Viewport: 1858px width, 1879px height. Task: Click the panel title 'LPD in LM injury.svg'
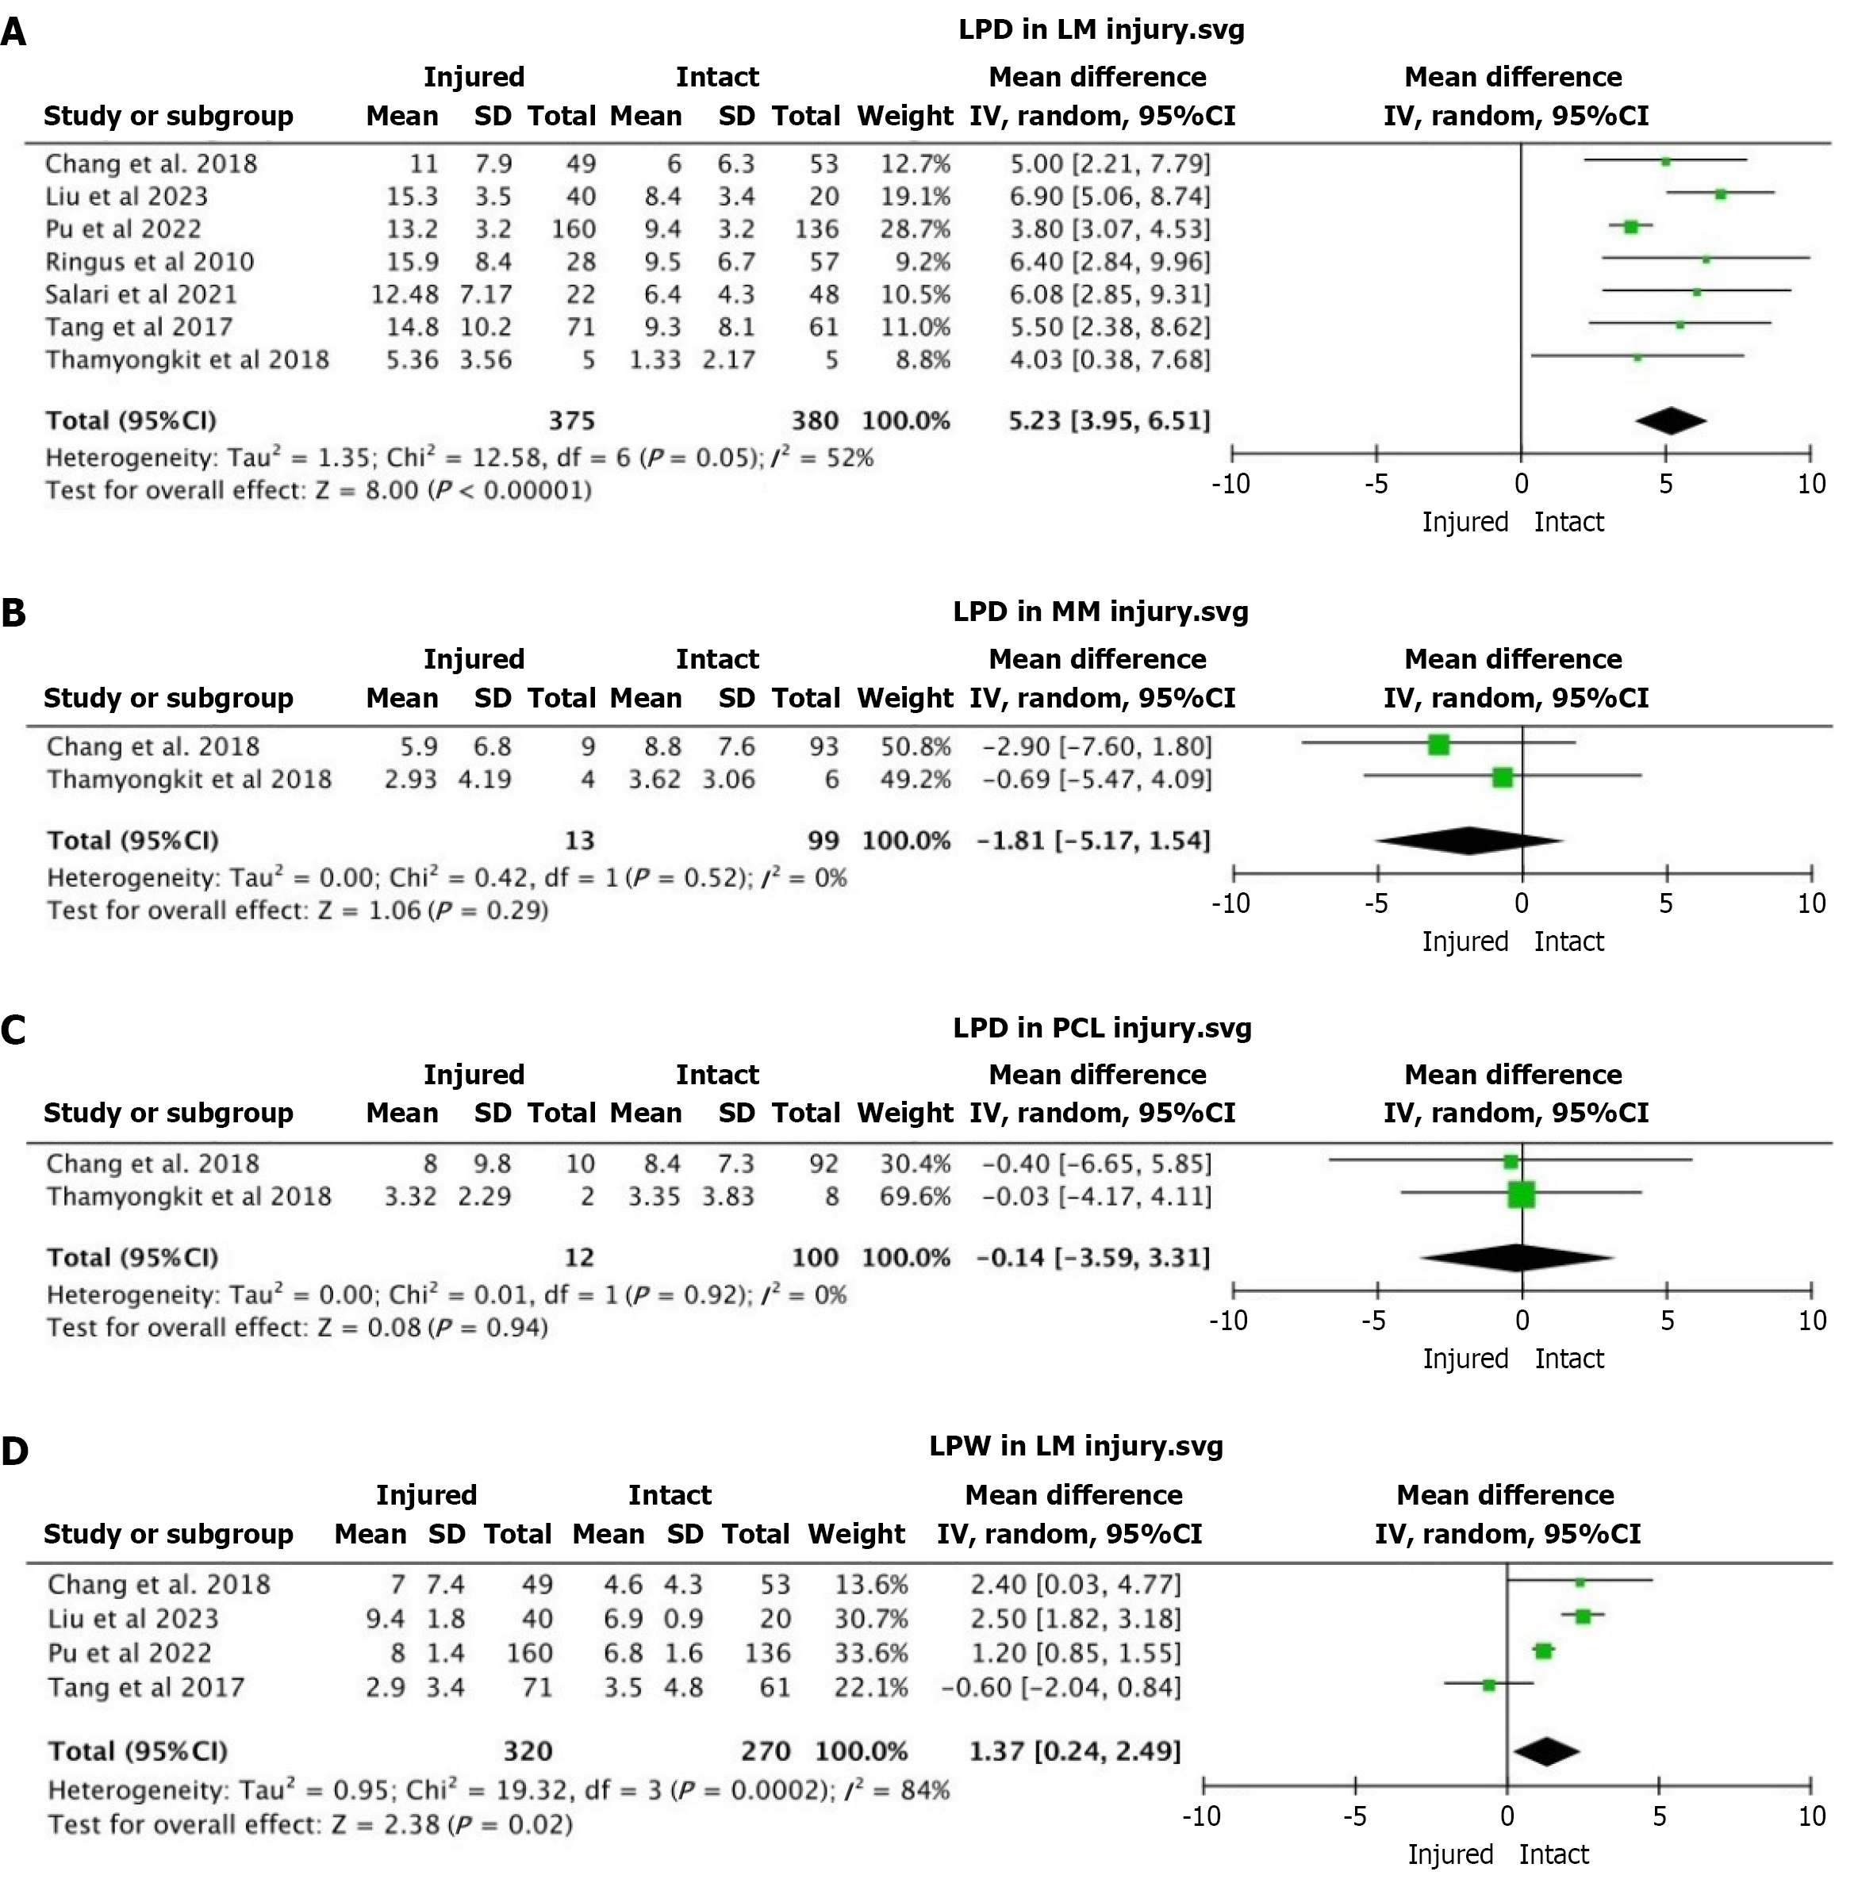click(x=1100, y=30)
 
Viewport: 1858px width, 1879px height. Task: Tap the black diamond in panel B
click(x=1469, y=840)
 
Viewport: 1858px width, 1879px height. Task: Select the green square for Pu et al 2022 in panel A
click(x=1631, y=228)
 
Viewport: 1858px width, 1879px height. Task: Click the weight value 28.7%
click(x=915, y=229)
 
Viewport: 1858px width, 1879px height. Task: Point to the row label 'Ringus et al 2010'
click(x=149, y=263)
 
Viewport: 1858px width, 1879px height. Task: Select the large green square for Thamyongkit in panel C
click(x=1521, y=1195)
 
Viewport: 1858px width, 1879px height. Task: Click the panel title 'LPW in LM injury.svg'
click(x=1076, y=1446)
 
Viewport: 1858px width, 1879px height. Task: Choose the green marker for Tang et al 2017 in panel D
click(x=1488, y=1685)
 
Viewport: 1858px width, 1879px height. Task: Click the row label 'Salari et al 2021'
click(x=141, y=295)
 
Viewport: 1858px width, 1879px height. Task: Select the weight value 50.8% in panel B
click(x=916, y=747)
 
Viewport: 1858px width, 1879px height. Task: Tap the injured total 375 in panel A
click(x=571, y=421)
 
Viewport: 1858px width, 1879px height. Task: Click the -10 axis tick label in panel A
click(x=1230, y=485)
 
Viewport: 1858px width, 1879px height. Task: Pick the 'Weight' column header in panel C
click(x=904, y=1113)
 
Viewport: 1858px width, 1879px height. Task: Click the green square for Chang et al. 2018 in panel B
click(x=1439, y=746)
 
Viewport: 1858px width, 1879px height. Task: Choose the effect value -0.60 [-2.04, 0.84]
click(x=1061, y=1687)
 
